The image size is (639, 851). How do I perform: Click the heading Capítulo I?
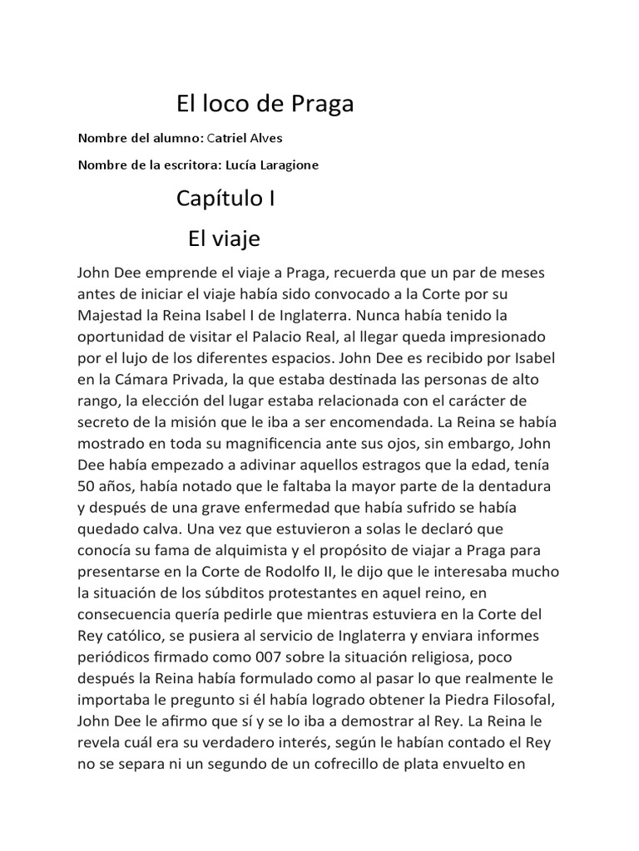coord(225,199)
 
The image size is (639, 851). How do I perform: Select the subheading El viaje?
coord(224,239)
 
